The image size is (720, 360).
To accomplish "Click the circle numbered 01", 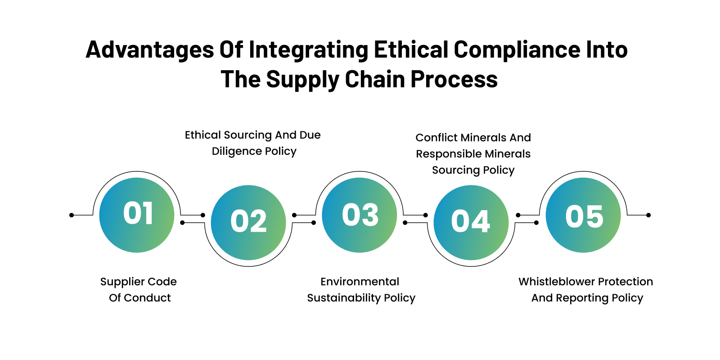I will coord(137,215).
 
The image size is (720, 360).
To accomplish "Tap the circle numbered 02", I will coord(248,222).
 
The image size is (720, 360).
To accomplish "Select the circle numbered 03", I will coord(360,215).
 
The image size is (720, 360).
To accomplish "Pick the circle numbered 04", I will coord(471,222).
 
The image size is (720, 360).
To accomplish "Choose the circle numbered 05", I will coord(583,215).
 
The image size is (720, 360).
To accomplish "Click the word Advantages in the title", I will coord(150,49).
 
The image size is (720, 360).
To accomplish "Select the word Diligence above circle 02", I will coord(237,152).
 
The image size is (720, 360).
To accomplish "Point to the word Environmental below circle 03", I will coord(360,282).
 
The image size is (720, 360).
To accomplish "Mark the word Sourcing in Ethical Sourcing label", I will coord(248,135).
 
